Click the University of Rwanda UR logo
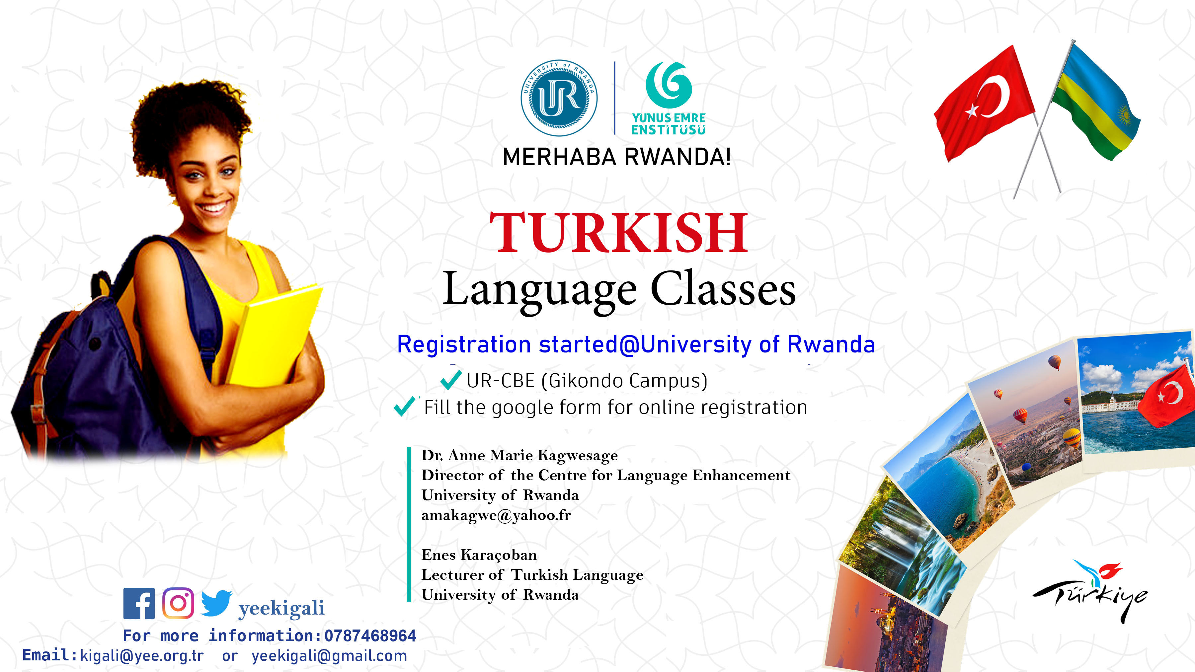click(x=559, y=98)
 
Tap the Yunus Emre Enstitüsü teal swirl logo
click(x=669, y=85)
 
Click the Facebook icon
click(x=139, y=603)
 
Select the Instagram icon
click(x=178, y=603)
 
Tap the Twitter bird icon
click(x=216, y=603)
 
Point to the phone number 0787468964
click(x=370, y=636)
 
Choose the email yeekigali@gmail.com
click(x=329, y=656)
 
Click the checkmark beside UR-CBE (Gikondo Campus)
click(x=450, y=380)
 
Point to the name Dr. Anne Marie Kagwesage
click(x=519, y=455)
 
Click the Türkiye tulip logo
click(x=1090, y=591)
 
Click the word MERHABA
click(x=559, y=157)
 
